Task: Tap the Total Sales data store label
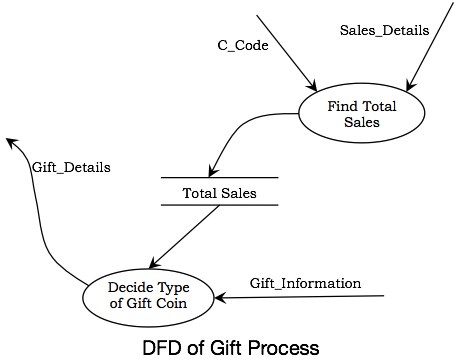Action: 218,193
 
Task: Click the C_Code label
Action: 243,46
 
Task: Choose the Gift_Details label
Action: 71,168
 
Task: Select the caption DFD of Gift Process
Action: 231,347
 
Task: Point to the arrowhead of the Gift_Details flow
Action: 10,142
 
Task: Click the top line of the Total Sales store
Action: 219,178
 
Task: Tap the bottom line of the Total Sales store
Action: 219,206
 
